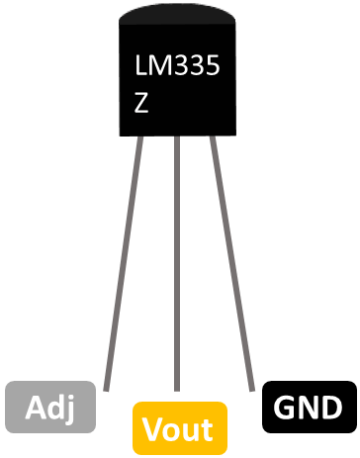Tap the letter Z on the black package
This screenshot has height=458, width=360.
point(142,102)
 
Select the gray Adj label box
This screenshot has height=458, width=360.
point(50,406)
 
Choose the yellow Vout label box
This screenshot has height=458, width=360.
point(179,428)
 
